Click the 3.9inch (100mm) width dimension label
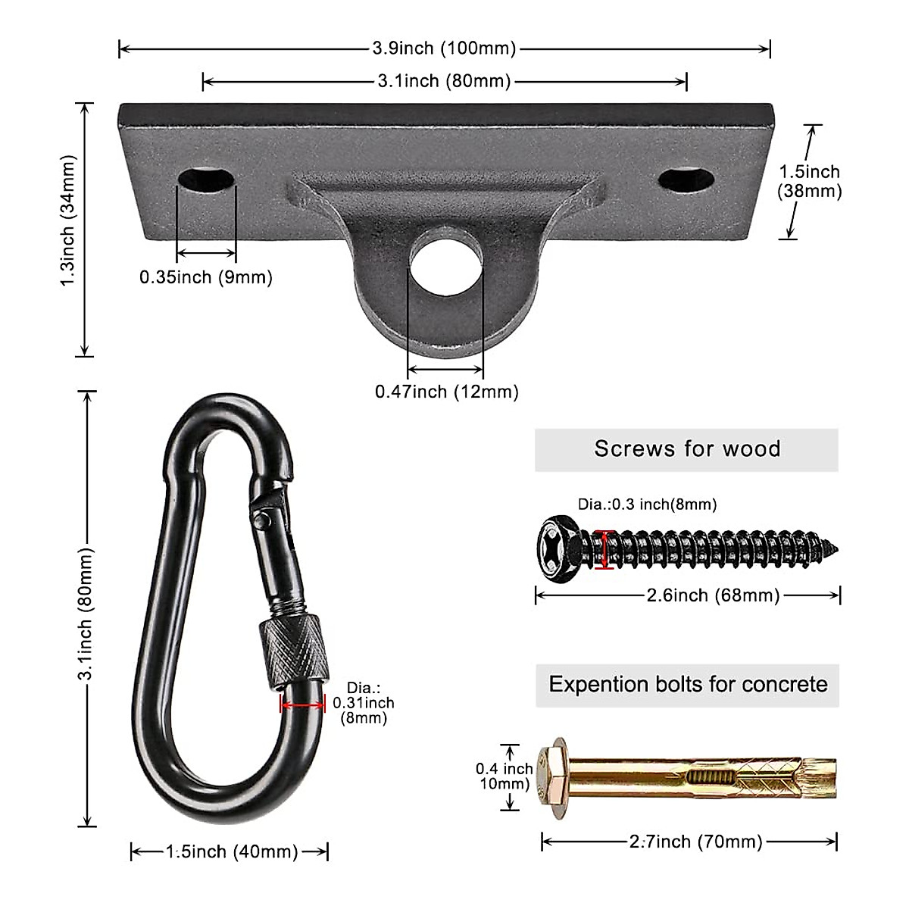pyautogui.click(x=444, y=49)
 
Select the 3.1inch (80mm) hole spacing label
pyautogui.click(x=444, y=81)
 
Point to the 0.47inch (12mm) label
pyautogui.click(x=447, y=392)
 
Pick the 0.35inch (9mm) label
pyautogui.click(x=205, y=277)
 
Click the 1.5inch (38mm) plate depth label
pyautogui.click(x=810, y=182)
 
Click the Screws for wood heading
pyautogui.click(x=686, y=449)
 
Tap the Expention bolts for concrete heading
pyautogui.click(x=688, y=685)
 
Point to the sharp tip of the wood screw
pyautogui.click(x=836, y=545)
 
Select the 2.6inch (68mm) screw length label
pyautogui.click(x=712, y=595)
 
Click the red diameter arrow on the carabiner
pyautogui.click(x=302, y=704)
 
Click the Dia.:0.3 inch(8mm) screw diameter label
pyautogui.click(x=647, y=504)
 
